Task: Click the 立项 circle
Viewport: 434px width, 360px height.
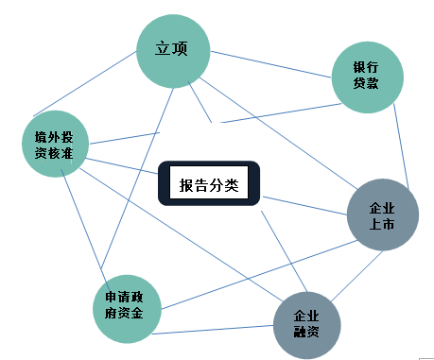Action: point(173,51)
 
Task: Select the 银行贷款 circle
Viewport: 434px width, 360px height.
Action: point(368,77)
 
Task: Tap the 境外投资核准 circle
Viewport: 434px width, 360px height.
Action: point(56,144)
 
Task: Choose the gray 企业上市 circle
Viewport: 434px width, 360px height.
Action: point(383,214)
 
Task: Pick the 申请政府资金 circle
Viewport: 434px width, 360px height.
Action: point(127,309)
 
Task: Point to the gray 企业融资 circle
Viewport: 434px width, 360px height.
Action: point(307,325)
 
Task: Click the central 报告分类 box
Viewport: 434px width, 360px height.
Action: point(209,183)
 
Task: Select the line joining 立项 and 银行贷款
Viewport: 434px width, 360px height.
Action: point(271,64)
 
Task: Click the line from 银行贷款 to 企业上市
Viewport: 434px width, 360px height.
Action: point(401,146)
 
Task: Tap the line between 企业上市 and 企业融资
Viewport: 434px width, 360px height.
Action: point(357,276)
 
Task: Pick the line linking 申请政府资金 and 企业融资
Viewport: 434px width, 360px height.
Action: point(213,330)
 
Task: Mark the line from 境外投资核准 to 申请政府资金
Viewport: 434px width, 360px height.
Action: point(85,231)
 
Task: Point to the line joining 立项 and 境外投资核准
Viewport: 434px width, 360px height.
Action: point(84,84)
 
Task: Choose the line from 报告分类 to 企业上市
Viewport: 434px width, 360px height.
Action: point(305,206)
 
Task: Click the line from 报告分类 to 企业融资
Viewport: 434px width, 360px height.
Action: point(284,251)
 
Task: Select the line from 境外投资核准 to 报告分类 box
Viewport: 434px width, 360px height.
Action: point(121,166)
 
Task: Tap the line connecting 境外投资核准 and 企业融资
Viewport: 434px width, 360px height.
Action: point(182,235)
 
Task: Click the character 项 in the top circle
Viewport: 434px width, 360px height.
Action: point(180,48)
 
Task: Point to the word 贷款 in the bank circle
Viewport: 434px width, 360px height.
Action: point(366,83)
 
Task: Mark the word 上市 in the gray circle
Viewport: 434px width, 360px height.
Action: point(382,224)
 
